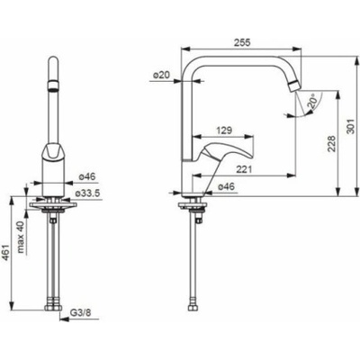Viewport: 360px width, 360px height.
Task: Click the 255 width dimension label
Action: [x=242, y=42]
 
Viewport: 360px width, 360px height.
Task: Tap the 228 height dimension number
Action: [x=331, y=144]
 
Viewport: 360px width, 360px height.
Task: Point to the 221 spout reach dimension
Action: [x=244, y=169]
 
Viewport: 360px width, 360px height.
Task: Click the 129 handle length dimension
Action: [x=224, y=130]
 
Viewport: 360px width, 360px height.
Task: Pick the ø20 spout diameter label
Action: [x=162, y=76]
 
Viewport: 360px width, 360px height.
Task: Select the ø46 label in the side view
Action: [x=226, y=186]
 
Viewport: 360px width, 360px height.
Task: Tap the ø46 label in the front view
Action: [x=87, y=176]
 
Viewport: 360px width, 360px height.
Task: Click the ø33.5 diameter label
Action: [x=87, y=193]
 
